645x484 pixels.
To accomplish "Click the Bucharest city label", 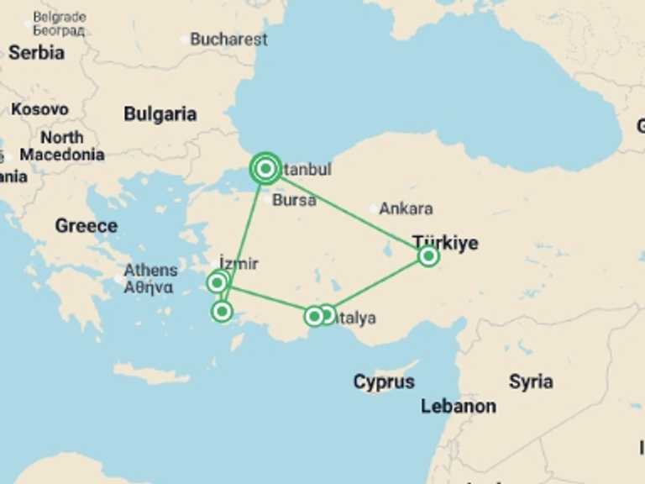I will point(228,39).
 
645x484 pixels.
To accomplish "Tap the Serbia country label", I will point(36,52).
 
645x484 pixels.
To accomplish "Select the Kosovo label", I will point(39,109).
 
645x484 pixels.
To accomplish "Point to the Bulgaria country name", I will point(160,114).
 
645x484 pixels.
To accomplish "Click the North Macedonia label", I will point(62,145).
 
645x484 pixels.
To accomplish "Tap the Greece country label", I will point(86,225).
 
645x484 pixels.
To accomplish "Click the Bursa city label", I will point(294,200).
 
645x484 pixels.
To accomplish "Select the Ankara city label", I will point(406,208).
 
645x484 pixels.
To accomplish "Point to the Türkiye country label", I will point(445,243).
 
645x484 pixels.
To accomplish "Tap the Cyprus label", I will point(384,381).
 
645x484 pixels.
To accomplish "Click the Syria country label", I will point(531,381).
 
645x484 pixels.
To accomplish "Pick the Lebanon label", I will point(459,406).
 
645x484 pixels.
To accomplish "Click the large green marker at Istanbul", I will point(265,169).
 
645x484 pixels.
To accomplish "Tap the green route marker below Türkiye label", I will point(428,255).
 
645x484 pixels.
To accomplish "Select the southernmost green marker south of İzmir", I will point(222,312).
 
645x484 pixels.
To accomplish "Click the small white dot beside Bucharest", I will point(185,39).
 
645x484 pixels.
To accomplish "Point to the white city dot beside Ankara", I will point(374,208).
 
